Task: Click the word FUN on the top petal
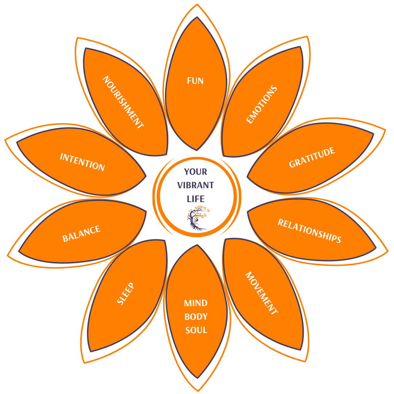pyautogui.click(x=195, y=81)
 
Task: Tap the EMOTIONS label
pyautogui.click(x=262, y=105)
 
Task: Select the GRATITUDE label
pyautogui.click(x=312, y=158)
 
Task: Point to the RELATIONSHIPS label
pyautogui.click(x=309, y=231)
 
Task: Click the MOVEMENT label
pyautogui.click(x=262, y=293)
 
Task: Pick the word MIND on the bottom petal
pyautogui.click(x=196, y=303)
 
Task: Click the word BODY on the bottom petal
pyautogui.click(x=196, y=317)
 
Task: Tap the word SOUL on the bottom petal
pyautogui.click(x=196, y=330)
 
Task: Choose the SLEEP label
pyautogui.click(x=125, y=294)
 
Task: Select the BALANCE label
pyautogui.click(x=81, y=234)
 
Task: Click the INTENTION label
pyautogui.click(x=82, y=162)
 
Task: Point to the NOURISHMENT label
pyautogui.click(x=123, y=102)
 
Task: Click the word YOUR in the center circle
pyautogui.click(x=196, y=171)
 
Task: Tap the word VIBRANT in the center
pyautogui.click(x=196, y=185)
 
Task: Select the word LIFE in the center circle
pyautogui.click(x=196, y=199)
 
